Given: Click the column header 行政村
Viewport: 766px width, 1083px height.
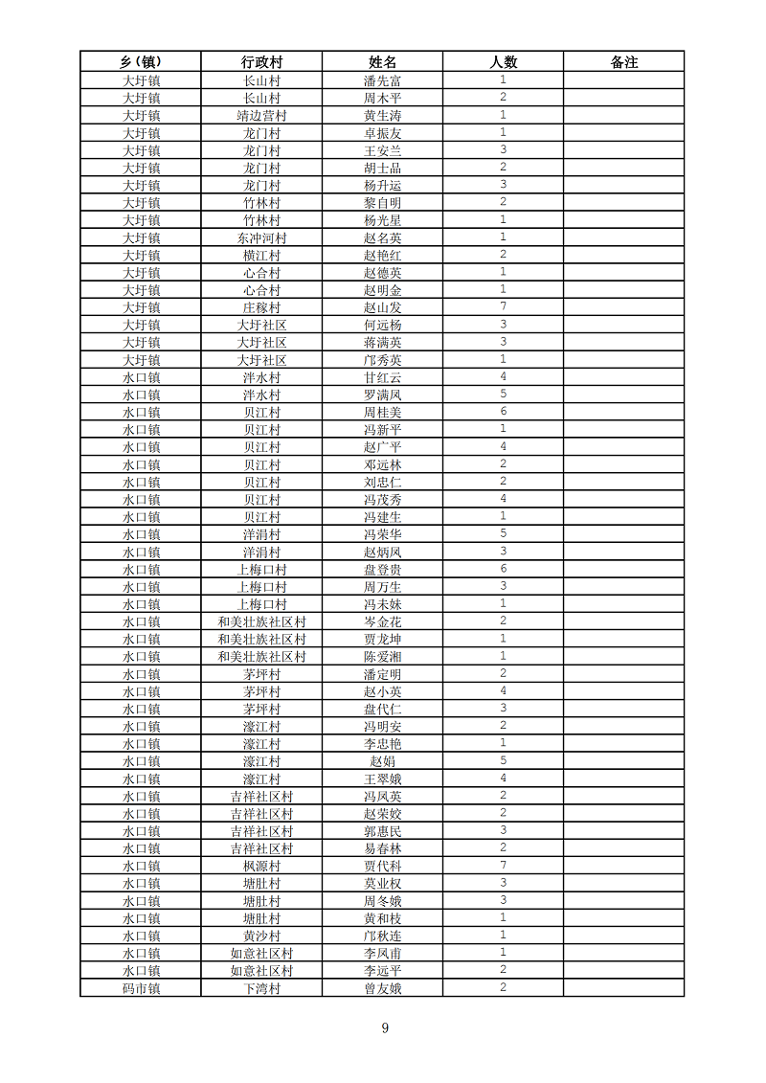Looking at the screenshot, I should pyautogui.click(x=261, y=62).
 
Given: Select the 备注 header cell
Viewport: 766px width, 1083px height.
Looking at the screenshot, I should pyautogui.click(x=623, y=62).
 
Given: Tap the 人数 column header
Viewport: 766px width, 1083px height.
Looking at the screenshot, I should pyautogui.click(x=503, y=62).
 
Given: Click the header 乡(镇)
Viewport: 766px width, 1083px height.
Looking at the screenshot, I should pyautogui.click(x=141, y=62).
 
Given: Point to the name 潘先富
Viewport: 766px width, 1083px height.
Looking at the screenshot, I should pyautogui.click(x=382, y=81).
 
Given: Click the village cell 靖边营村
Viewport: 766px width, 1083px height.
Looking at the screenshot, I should pyautogui.click(x=261, y=116).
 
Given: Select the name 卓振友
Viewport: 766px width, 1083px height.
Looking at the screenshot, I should pyautogui.click(x=382, y=133).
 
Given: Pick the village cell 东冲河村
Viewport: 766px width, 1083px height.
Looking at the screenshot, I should pyautogui.click(x=261, y=237).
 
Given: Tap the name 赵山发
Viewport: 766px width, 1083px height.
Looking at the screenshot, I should pyautogui.click(x=382, y=307).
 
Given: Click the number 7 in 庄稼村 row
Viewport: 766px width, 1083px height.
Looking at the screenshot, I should pyautogui.click(x=503, y=306).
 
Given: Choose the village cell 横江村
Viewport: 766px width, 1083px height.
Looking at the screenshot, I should pyautogui.click(x=261, y=256).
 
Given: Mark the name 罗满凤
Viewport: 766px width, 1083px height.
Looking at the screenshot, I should pyautogui.click(x=382, y=395).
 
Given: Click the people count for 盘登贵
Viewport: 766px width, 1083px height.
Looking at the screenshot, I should pyautogui.click(x=503, y=569).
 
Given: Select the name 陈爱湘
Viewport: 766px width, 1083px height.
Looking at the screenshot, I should pyautogui.click(x=382, y=657).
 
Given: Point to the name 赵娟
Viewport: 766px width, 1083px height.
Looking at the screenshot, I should pyautogui.click(x=382, y=761).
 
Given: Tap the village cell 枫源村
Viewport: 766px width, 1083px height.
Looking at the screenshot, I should pyautogui.click(x=261, y=866).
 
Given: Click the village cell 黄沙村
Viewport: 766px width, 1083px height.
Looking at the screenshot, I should pyautogui.click(x=261, y=936).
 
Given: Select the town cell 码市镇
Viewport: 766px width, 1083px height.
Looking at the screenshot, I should pyautogui.click(x=141, y=988).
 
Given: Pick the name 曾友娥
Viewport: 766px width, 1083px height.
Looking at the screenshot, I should pyautogui.click(x=382, y=988).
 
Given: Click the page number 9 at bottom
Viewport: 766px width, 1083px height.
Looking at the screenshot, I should pyautogui.click(x=385, y=1028).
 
